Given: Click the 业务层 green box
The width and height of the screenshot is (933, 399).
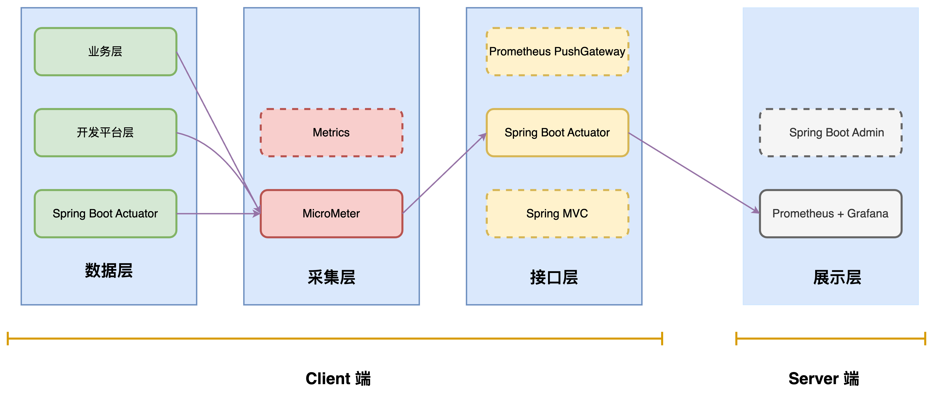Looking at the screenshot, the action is click(x=105, y=52).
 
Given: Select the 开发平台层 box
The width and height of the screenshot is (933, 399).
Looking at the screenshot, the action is click(x=105, y=133).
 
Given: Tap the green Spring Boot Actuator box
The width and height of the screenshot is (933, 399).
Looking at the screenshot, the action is click(x=105, y=213).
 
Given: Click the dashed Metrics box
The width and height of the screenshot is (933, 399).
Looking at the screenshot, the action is click(x=331, y=133).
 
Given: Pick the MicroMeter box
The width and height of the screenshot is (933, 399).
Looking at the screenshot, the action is click(x=331, y=213).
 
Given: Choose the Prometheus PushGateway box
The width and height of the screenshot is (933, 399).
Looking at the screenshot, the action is click(x=557, y=52).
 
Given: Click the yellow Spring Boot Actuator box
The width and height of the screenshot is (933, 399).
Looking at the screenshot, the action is click(x=557, y=133).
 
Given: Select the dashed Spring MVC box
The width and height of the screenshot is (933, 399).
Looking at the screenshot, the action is click(x=557, y=213).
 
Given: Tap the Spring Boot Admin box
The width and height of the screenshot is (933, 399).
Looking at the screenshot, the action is click(x=830, y=133).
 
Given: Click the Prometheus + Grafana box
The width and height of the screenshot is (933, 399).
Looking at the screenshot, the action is click(x=830, y=213).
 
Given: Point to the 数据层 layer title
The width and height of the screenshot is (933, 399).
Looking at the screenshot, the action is click(x=109, y=270).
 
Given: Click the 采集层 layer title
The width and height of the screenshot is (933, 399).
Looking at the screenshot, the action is click(x=331, y=277).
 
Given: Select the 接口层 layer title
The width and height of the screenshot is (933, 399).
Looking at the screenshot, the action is click(x=554, y=277).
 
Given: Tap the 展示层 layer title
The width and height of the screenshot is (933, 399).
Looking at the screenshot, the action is click(x=837, y=277).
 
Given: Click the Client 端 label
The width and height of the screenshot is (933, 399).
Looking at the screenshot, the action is click(x=338, y=378).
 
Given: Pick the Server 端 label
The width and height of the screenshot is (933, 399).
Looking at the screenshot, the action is click(x=824, y=378).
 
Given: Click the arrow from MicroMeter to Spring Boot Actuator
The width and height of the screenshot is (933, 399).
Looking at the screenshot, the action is click(x=444, y=173).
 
